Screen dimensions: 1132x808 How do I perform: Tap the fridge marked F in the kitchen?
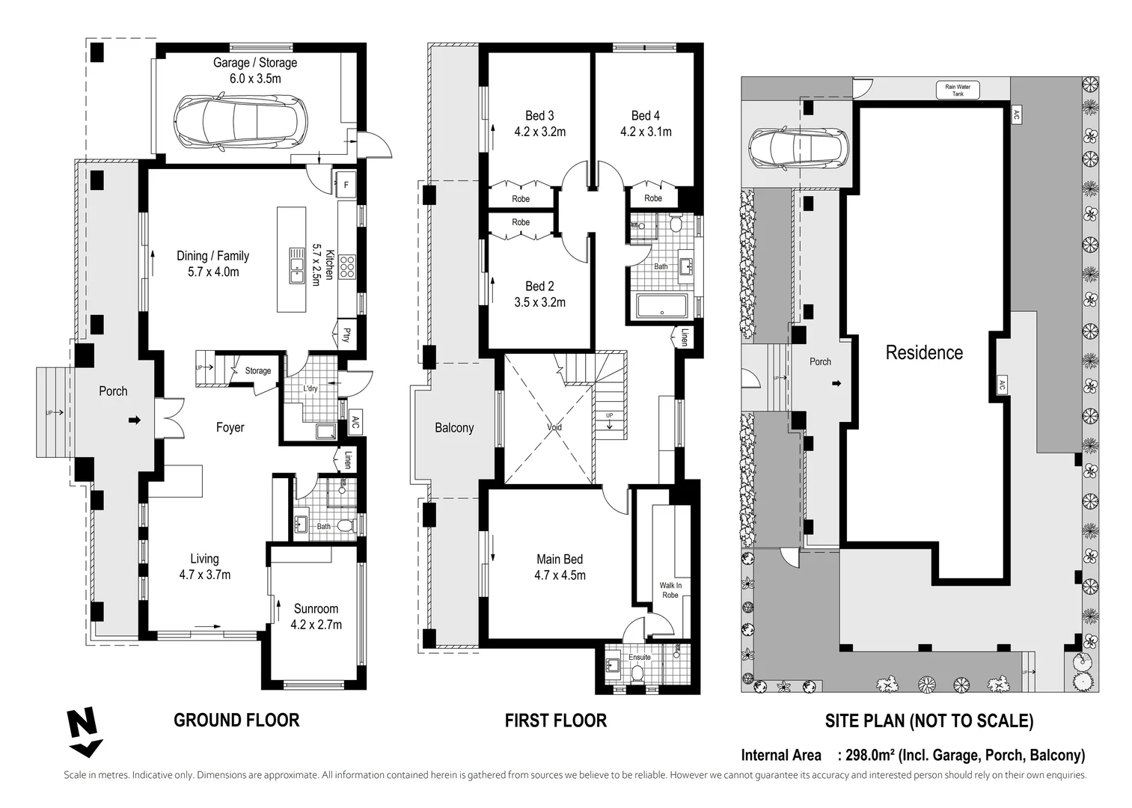pos(346,185)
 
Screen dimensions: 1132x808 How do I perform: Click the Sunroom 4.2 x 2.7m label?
pos(316,616)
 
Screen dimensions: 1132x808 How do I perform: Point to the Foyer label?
pos(230,427)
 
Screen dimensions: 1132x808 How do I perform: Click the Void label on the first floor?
pos(554,427)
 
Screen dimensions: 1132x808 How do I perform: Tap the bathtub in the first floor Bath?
pos(662,305)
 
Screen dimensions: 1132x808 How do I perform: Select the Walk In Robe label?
pos(670,590)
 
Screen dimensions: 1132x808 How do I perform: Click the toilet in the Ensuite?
pos(637,673)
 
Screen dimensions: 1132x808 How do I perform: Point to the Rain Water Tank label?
pos(958,90)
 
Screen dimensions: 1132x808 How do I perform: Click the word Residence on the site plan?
pos(924,352)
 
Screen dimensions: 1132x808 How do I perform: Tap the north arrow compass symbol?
pos(84,732)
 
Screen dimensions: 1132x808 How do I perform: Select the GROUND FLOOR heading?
pos(236,720)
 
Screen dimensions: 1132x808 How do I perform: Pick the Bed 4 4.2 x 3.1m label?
pos(646,123)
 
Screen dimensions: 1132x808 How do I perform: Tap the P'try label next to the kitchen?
pos(346,334)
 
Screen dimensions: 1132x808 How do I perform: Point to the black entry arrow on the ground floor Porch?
pos(135,420)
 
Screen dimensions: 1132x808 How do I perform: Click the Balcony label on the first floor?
pos(454,428)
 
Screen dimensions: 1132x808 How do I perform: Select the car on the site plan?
pos(799,147)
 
